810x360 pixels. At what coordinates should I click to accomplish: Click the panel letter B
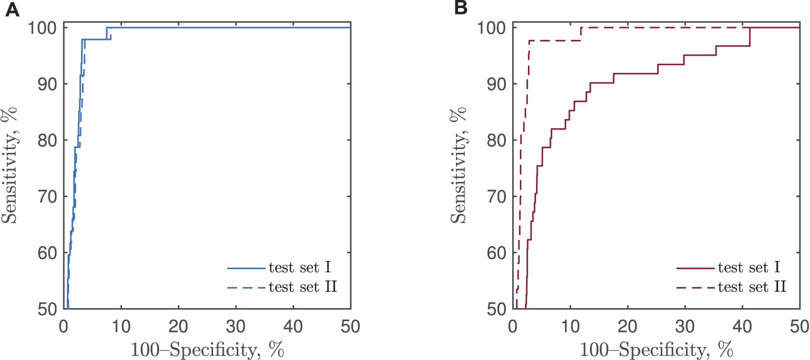[x=461, y=8]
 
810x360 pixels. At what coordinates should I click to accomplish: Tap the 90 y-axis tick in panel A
[x=47, y=84]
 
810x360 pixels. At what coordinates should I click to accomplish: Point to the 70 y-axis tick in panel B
[x=496, y=197]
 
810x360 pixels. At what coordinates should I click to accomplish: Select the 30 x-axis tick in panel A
[x=235, y=327]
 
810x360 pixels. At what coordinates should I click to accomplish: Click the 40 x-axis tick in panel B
[x=742, y=327]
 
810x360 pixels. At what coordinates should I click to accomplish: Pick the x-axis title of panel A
[x=207, y=350]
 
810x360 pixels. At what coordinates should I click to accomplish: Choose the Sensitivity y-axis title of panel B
[x=458, y=165]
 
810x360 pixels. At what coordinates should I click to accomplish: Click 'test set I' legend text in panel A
[x=299, y=268]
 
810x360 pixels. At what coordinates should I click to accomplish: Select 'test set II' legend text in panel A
[x=303, y=287]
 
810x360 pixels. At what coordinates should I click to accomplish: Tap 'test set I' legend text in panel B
[x=749, y=268]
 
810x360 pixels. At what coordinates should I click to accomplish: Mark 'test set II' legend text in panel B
[x=752, y=287]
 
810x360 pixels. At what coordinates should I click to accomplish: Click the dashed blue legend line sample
[x=246, y=288]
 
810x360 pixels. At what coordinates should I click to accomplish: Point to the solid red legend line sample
[x=695, y=269]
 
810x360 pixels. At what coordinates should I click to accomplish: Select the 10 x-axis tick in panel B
[x=570, y=327]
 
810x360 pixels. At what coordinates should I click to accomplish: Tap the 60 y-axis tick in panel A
[x=47, y=253]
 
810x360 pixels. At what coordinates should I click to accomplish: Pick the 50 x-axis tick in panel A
[x=350, y=327]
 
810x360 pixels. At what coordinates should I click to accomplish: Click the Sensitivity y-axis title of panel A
[x=9, y=165]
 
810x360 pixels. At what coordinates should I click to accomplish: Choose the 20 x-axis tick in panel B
[x=627, y=327]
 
